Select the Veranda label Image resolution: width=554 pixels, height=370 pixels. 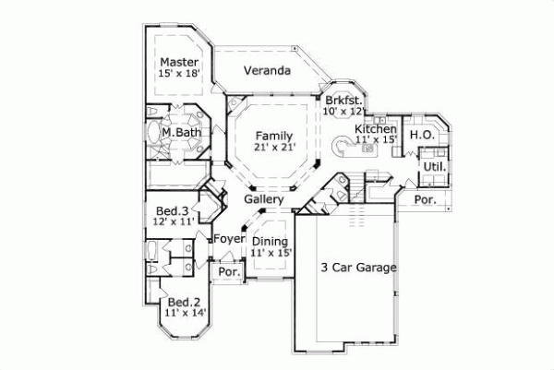(x=268, y=71)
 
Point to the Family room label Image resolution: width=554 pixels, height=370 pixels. (x=274, y=134)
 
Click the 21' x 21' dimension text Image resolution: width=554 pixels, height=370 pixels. (x=274, y=146)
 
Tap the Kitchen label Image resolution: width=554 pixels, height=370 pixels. (x=377, y=129)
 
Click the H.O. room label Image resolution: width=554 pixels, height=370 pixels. (x=422, y=135)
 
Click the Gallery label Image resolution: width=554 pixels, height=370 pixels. (x=263, y=199)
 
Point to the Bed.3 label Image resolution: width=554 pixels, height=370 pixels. (x=172, y=211)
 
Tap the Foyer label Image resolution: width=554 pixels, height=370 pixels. (x=228, y=239)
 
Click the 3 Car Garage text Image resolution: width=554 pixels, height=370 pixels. (x=358, y=269)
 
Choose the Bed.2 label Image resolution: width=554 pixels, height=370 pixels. (x=183, y=303)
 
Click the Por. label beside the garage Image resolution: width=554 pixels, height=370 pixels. (x=425, y=199)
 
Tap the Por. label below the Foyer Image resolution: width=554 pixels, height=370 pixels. (x=228, y=273)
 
